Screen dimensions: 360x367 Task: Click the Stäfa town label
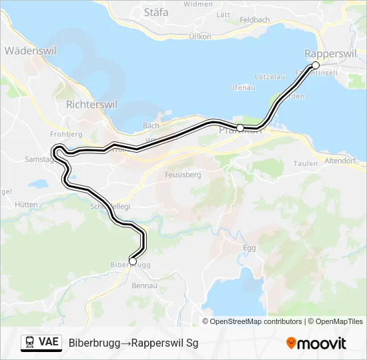click(157, 11)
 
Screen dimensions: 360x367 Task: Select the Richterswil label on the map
click(92, 105)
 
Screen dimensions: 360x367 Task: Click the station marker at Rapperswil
click(316, 65)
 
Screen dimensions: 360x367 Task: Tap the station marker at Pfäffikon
click(240, 127)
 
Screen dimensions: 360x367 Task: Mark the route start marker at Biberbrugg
click(133, 261)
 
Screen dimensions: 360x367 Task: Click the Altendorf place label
click(342, 161)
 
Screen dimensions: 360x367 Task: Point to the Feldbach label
click(255, 21)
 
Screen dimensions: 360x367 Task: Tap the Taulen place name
click(305, 163)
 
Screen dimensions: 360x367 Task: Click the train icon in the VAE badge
click(30, 343)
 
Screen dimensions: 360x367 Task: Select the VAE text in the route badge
click(48, 343)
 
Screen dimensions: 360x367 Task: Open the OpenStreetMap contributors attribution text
click(256, 321)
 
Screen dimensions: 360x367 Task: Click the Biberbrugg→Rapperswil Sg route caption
click(133, 343)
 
